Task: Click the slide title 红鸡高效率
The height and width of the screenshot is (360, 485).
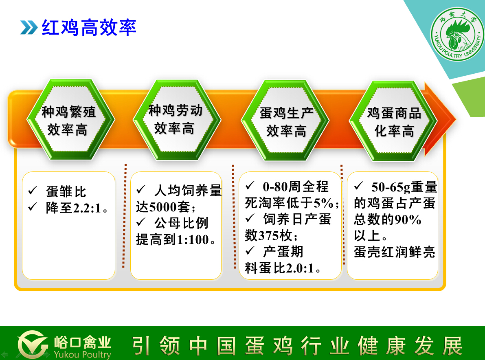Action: coord(89,28)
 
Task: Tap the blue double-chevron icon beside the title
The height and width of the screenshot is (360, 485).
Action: coord(29,28)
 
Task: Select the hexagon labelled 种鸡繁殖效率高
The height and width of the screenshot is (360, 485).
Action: coord(71,120)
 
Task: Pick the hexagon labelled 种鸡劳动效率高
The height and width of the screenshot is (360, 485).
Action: coord(177,120)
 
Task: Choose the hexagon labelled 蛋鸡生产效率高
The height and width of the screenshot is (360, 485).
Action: coord(285,120)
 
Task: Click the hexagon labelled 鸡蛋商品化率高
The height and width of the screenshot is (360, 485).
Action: coord(393,121)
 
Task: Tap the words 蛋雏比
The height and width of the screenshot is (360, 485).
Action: coord(66,191)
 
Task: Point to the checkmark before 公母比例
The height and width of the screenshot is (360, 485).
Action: coord(141,222)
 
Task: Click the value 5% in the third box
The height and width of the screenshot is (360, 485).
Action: coord(324,203)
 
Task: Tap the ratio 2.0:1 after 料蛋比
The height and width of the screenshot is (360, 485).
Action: coord(300,268)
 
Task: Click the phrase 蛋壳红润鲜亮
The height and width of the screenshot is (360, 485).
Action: coord(394,252)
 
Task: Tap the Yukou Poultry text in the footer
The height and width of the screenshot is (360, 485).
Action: coord(82,354)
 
